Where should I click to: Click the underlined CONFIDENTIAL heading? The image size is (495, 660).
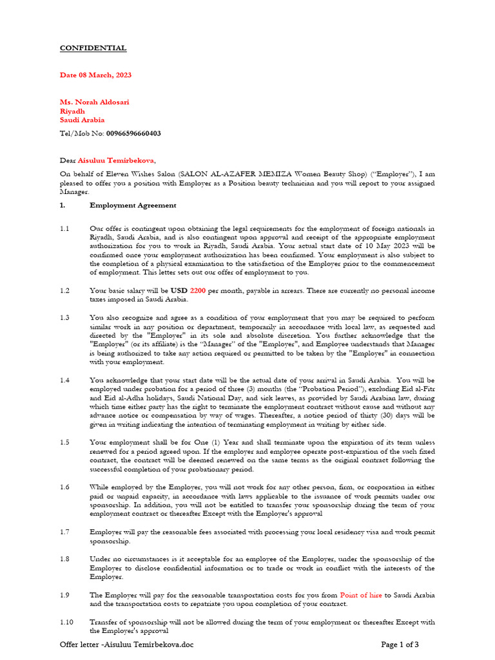[x=93, y=48]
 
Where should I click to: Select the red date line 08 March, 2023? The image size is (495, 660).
[x=95, y=75]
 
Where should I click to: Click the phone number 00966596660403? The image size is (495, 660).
[x=133, y=133]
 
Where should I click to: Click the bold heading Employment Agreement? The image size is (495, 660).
[x=132, y=206]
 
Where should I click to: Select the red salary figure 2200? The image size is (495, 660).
[x=198, y=291]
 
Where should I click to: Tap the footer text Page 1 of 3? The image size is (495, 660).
[x=400, y=645]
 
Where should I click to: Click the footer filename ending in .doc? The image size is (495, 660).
[x=126, y=645]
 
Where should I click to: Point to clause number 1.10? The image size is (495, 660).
[x=68, y=622]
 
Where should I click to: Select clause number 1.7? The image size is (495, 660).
[x=65, y=532]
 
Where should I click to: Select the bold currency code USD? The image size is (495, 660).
[x=179, y=291]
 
